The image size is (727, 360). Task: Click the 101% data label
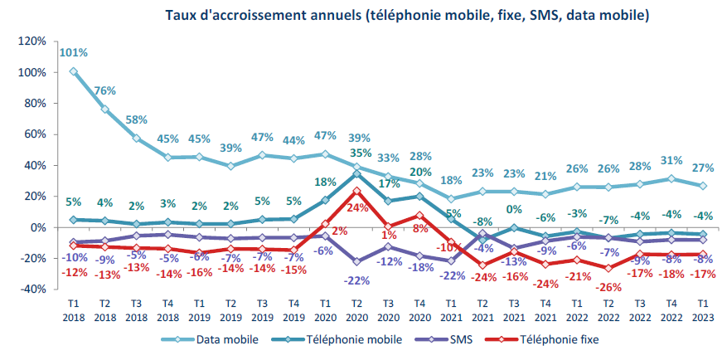point(74,53)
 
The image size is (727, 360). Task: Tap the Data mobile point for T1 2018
point(74,72)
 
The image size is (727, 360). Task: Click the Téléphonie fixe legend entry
point(555,339)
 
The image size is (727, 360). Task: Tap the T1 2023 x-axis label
point(701,310)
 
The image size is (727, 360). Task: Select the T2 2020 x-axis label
point(356,310)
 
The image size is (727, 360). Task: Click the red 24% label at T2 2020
point(356,208)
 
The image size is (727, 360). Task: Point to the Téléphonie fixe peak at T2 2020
point(356,191)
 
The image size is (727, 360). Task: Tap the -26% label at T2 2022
point(608,288)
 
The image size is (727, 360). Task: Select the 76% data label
point(104,91)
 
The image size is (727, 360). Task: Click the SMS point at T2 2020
point(356,261)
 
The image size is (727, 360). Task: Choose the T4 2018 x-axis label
point(167,310)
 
